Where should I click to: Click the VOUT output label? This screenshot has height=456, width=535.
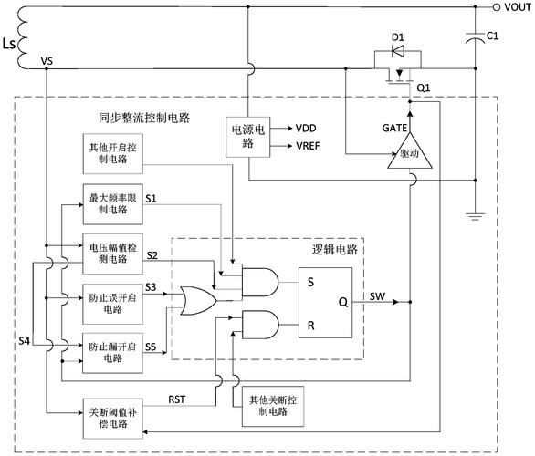511,7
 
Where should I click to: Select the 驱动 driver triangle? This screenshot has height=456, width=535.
408,157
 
